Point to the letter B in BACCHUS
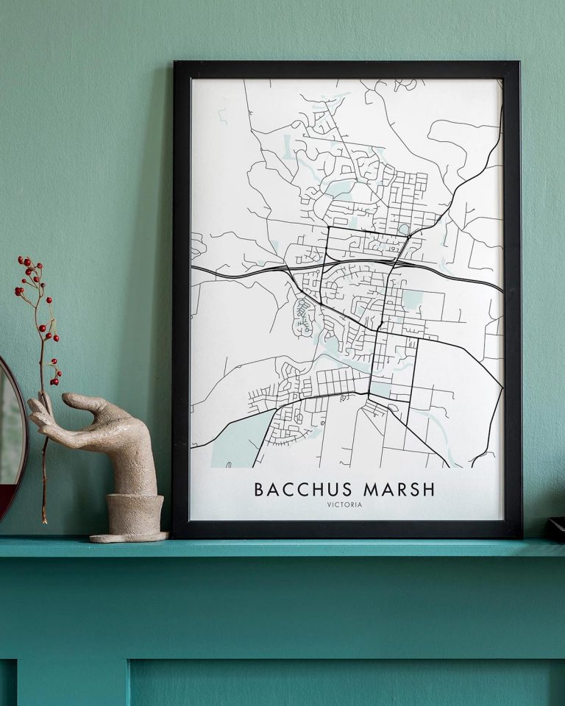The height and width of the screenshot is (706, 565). pos(259,490)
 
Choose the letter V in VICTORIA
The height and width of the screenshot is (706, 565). pos(330,504)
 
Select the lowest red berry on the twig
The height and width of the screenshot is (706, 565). pos(54,382)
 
